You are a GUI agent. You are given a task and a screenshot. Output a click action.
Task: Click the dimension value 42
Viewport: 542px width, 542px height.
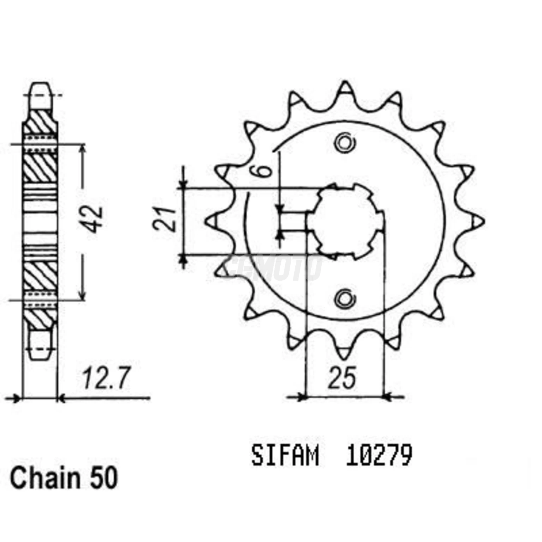point(94,220)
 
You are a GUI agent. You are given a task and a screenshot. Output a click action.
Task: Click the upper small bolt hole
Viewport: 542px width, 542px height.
point(344,143)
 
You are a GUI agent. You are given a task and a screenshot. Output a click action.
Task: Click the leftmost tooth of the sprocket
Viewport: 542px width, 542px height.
point(211,221)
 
